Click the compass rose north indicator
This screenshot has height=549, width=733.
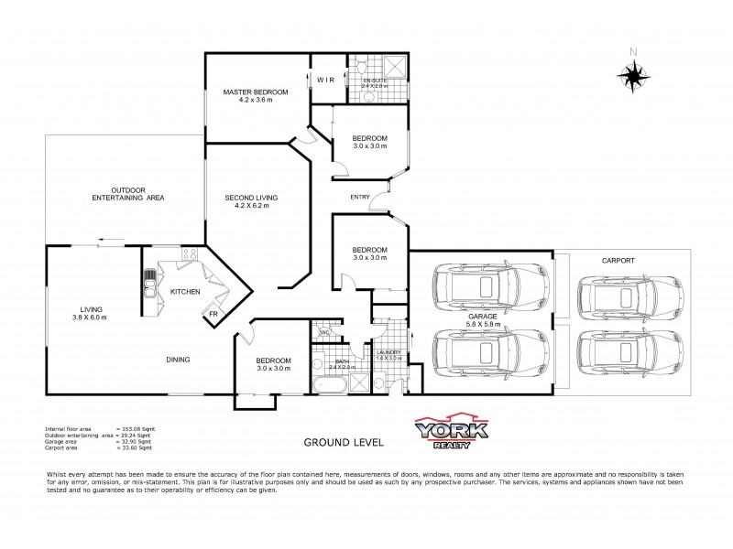coord(631,73)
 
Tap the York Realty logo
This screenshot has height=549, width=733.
coord(453,431)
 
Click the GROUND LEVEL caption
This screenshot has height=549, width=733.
coord(344,441)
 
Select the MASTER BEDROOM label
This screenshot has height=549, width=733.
coord(256,92)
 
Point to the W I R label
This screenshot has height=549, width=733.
coord(326,81)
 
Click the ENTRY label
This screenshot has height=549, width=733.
coord(360,197)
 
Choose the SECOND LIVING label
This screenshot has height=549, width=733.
coord(251,197)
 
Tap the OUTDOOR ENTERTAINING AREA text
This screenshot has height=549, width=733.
coord(129,193)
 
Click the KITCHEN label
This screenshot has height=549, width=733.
coord(185,292)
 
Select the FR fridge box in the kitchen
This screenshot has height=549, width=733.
coord(212,313)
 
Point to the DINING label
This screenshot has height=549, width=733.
coord(178,360)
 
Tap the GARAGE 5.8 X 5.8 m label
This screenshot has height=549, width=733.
coord(481,318)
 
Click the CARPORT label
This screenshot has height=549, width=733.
coord(618,260)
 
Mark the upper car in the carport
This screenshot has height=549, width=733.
coord(618,296)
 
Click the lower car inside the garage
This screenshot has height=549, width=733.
coord(481,356)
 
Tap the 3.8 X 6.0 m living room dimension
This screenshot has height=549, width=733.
coord(92,317)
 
